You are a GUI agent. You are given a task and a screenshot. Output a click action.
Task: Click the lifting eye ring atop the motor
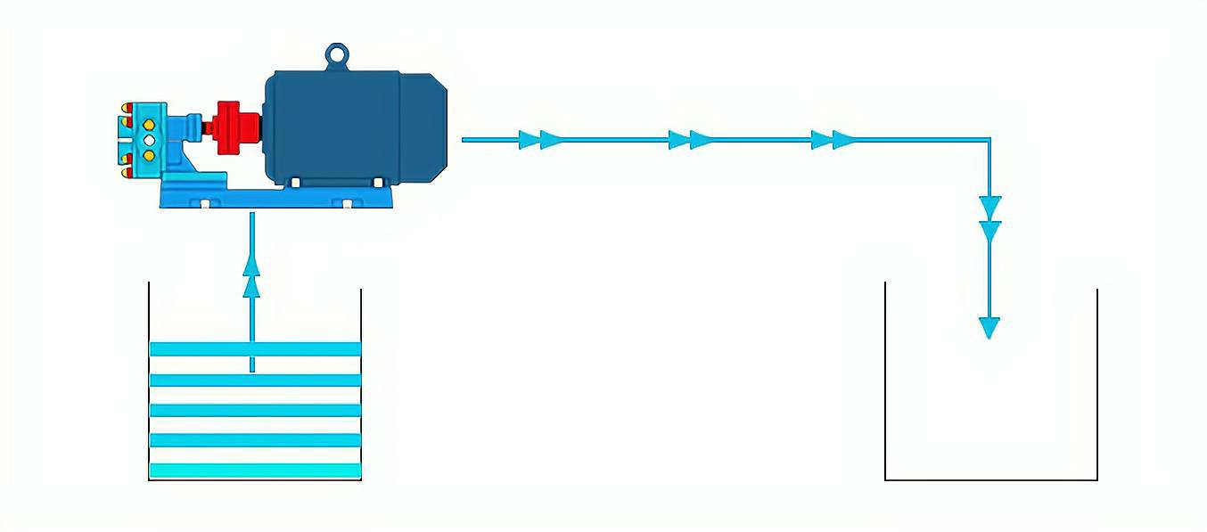(335, 55)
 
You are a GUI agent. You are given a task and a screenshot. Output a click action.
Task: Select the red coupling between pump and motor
(235, 123)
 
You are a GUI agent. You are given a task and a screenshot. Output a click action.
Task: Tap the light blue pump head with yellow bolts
(144, 139)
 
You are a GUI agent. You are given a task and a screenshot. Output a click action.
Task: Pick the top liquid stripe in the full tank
(255, 348)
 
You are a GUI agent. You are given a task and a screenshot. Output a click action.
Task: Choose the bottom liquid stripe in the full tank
(255, 470)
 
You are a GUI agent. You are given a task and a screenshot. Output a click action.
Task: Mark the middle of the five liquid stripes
(255, 410)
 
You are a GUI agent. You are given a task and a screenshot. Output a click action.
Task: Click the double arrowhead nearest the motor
(540, 140)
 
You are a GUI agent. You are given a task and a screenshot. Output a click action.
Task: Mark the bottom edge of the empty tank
(990, 479)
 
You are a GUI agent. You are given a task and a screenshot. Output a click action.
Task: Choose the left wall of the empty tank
(885, 383)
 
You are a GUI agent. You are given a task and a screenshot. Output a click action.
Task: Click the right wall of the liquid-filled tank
(361, 383)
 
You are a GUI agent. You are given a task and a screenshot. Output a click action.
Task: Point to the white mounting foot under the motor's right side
(378, 182)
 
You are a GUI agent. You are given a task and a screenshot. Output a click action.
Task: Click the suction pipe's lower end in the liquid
(252, 368)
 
